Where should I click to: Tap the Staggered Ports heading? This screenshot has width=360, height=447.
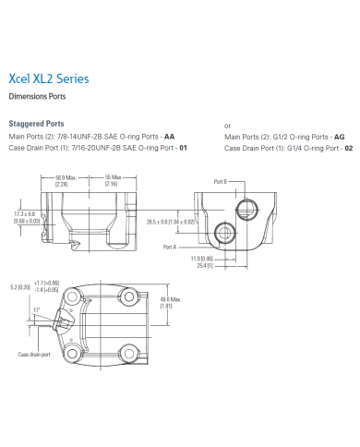[x=36, y=123]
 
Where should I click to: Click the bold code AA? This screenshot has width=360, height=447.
[x=169, y=135]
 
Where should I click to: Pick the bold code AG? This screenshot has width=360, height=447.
[x=339, y=135]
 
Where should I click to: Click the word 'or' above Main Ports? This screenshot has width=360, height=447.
[x=228, y=125]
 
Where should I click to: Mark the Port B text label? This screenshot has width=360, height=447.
[x=220, y=181]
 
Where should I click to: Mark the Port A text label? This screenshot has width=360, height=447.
[x=169, y=248]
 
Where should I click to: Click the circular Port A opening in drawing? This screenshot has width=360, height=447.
[x=222, y=231]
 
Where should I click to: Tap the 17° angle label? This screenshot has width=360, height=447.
[x=37, y=309]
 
